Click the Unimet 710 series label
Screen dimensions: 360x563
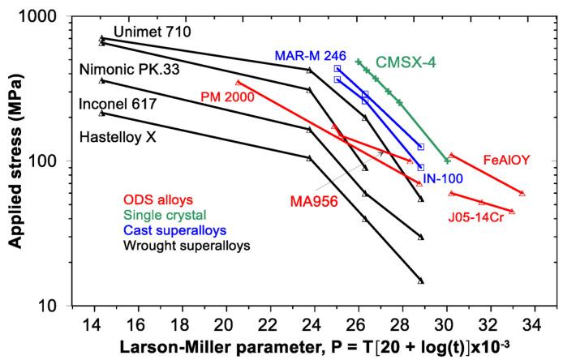pyautogui.click(x=152, y=32)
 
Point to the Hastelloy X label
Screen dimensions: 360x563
pyautogui.click(x=118, y=138)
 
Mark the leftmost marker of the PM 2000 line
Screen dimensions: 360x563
pyautogui.click(x=238, y=83)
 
